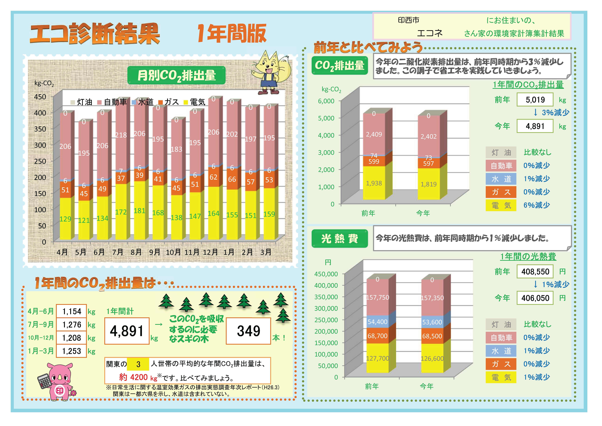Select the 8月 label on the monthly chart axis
click(136, 252)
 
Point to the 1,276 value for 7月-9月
click(72, 325)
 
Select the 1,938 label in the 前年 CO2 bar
click(374, 183)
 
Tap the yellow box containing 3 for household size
click(138, 364)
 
